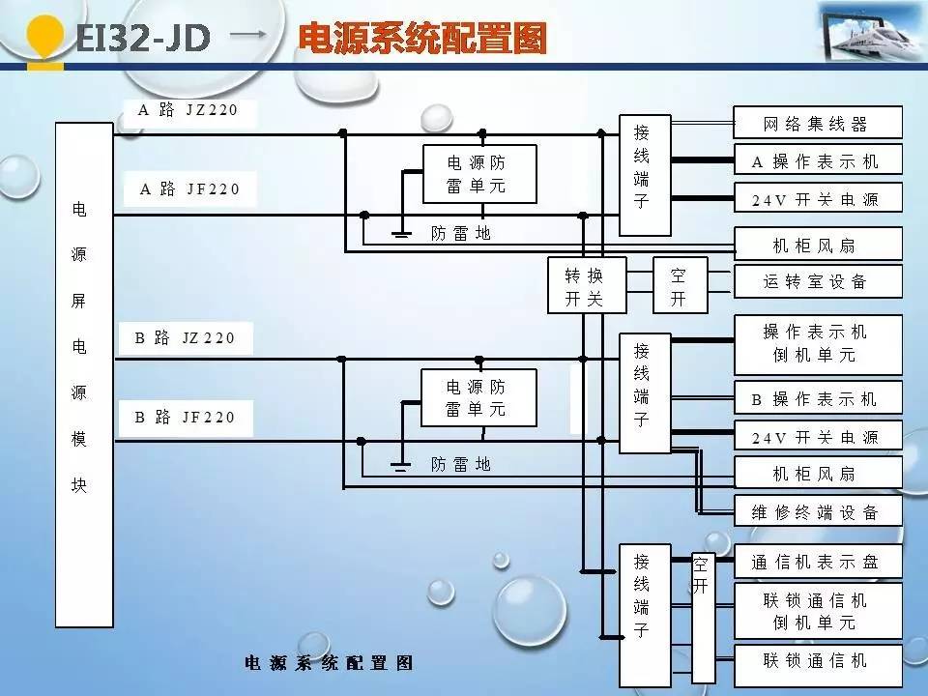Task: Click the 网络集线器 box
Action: click(817, 123)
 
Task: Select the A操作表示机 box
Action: click(817, 160)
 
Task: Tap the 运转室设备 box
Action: click(817, 281)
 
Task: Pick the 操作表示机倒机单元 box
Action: click(817, 344)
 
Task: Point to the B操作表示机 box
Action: click(817, 398)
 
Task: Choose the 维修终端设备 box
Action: click(817, 511)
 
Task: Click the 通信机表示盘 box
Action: click(817, 562)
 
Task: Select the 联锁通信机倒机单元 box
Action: click(817, 611)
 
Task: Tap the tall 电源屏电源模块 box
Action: click(84, 375)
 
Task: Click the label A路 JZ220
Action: click(188, 110)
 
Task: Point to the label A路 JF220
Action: click(189, 188)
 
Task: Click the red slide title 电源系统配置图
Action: click(422, 39)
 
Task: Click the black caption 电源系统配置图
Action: click(329, 663)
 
